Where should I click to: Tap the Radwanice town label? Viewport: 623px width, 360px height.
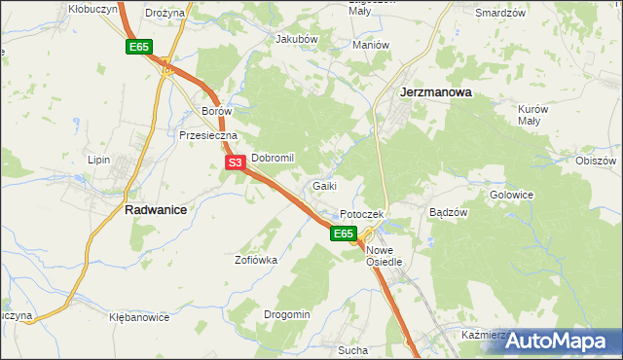(x=156, y=208)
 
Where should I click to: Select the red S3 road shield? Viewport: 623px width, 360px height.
(x=235, y=163)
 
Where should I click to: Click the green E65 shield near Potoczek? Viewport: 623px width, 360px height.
(x=343, y=234)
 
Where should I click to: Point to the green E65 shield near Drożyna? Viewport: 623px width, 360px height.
(x=139, y=47)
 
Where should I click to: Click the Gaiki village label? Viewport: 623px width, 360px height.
(x=325, y=185)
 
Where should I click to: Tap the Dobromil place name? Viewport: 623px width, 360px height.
(x=273, y=157)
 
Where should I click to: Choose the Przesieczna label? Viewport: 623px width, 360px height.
(x=202, y=136)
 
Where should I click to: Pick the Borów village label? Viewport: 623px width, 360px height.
(x=216, y=111)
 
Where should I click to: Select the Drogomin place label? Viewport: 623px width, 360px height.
(x=287, y=314)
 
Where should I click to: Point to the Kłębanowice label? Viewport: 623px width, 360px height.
(x=139, y=317)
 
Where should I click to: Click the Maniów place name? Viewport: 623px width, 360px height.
(x=371, y=45)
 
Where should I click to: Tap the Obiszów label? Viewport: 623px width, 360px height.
(x=597, y=161)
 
